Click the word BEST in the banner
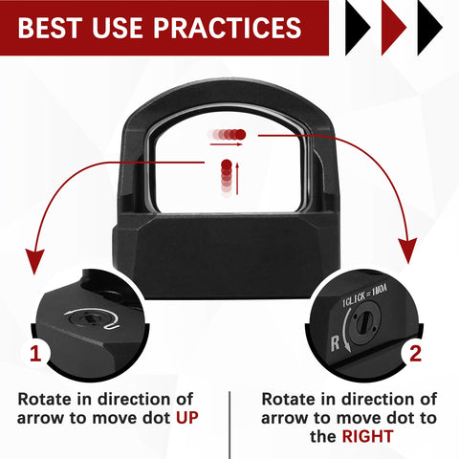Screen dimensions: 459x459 (50, 28)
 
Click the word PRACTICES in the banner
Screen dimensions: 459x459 (228, 28)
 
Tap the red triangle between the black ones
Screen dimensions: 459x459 (394, 28)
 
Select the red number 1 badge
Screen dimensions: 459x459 (35, 354)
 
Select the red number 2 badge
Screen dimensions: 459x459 (415, 354)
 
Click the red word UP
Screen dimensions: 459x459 (187, 418)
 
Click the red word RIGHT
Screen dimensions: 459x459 (367, 436)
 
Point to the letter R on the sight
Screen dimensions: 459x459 (335, 343)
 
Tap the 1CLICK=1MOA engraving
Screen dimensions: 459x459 (365, 296)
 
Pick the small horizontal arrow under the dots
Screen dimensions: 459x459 (226, 144)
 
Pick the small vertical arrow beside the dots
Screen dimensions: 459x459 (237, 179)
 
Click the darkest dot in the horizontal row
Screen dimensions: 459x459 (241, 135)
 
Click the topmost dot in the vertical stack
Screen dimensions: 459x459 (227, 164)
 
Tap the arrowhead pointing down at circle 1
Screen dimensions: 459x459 (35, 261)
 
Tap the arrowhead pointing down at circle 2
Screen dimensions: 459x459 (408, 251)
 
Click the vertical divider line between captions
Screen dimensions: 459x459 (229, 426)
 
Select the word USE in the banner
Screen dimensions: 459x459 (118, 28)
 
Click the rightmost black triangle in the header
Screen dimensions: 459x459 (429, 28)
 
